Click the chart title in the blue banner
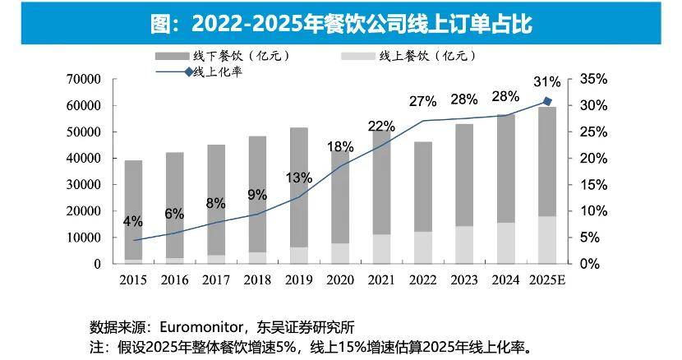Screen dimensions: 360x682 (341, 23)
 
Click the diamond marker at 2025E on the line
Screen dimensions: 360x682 (547, 101)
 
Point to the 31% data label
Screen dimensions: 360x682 (546, 82)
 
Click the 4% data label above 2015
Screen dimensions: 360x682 (133, 221)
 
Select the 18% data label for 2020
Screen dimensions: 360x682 (340, 147)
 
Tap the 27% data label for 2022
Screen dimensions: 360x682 (422, 101)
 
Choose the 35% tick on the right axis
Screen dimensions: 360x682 (593, 80)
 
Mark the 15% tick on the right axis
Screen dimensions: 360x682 (593, 185)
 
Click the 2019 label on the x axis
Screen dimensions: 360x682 (299, 280)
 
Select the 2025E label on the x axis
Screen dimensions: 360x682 (547, 280)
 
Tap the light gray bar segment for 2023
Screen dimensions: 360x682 (464, 245)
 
